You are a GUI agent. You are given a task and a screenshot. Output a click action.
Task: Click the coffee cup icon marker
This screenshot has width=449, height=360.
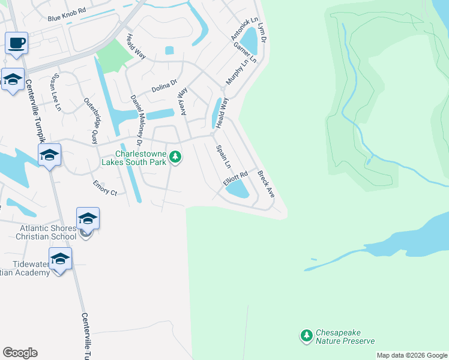click(x=17, y=44)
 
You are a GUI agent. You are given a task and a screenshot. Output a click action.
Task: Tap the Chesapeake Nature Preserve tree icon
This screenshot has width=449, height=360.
click(x=307, y=335)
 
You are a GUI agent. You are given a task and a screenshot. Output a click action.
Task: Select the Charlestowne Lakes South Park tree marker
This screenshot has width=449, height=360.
click(x=175, y=157)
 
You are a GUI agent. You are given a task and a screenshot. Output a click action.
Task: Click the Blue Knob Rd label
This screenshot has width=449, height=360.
click(x=67, y=19)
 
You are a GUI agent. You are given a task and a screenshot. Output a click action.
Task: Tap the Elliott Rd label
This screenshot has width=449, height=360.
click(x=235, y=179)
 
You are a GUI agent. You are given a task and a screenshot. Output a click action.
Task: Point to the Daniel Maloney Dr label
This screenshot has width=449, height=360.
click(x=135, y=121)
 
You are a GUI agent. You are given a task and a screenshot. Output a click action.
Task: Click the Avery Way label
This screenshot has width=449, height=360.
click(x=182, y=103)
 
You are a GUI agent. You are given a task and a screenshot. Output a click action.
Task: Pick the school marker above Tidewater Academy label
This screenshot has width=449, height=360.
click(x=60, y=259)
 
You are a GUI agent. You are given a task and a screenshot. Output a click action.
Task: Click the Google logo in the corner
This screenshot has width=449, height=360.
click(x=20, y=353)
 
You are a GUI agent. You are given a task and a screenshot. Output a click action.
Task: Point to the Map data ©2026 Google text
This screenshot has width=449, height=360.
click(x=411, y=355)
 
